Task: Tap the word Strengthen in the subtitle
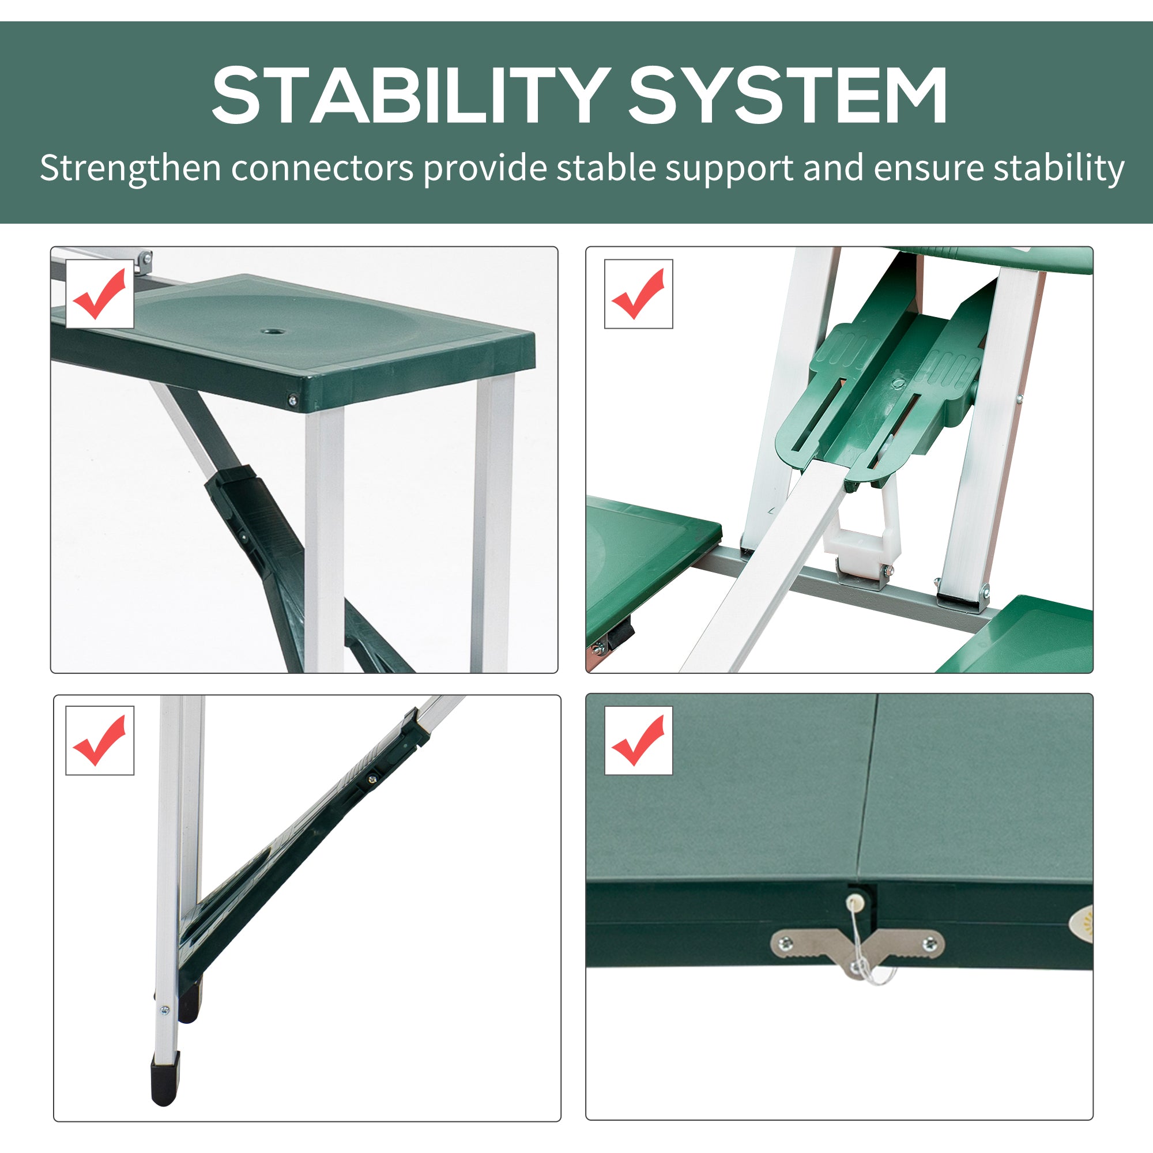pos(130,168)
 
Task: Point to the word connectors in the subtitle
pos(322,168)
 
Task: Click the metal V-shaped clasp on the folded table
pos(858,949)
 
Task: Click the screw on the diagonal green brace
pos(373,778)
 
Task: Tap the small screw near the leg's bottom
pos(165,1011)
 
